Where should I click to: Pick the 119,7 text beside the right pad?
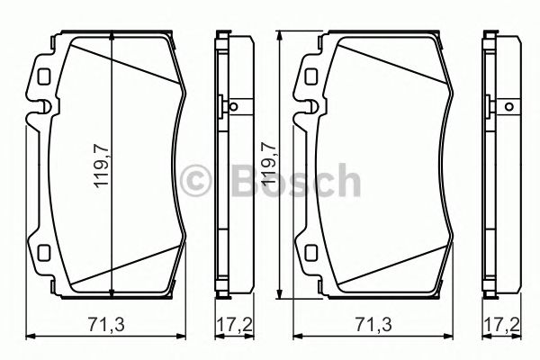pos(268,164)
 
